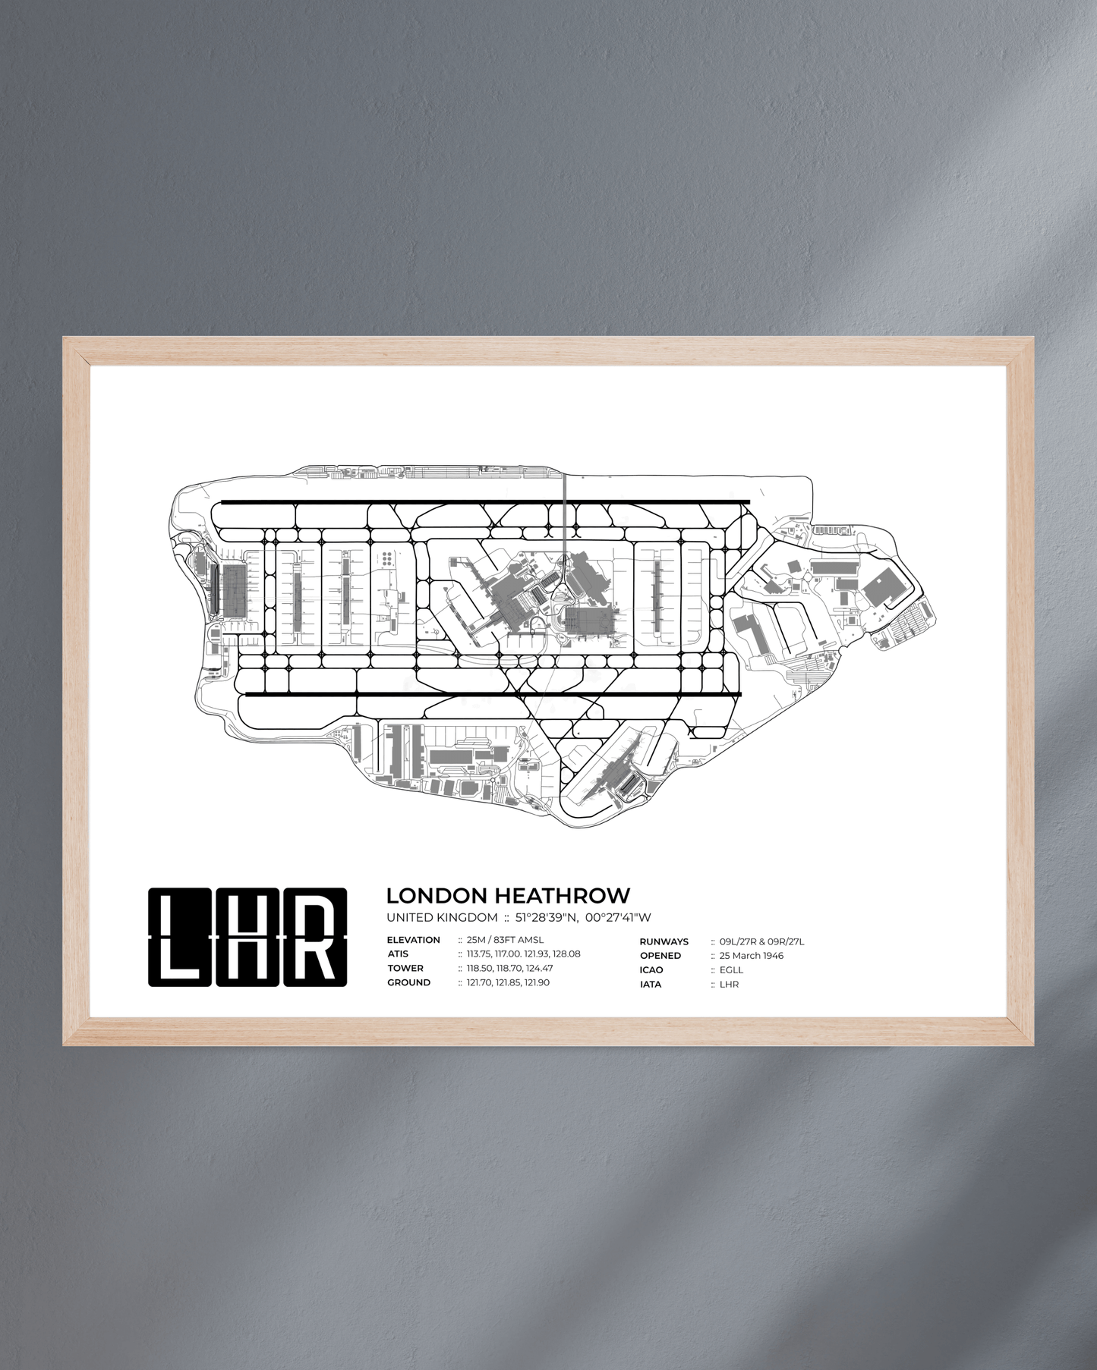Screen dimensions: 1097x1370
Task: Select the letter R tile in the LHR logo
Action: tap(315, 938)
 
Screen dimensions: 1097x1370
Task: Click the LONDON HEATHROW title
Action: tap(508, 896)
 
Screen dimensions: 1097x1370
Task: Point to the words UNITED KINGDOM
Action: tap(442, 918)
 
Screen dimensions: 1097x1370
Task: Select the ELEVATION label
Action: tap(413, 940)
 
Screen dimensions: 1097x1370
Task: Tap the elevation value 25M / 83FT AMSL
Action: tap(505, 940)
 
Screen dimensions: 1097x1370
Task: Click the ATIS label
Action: tap(398, 954)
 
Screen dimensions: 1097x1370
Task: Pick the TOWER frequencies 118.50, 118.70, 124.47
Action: tap(509, 969)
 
